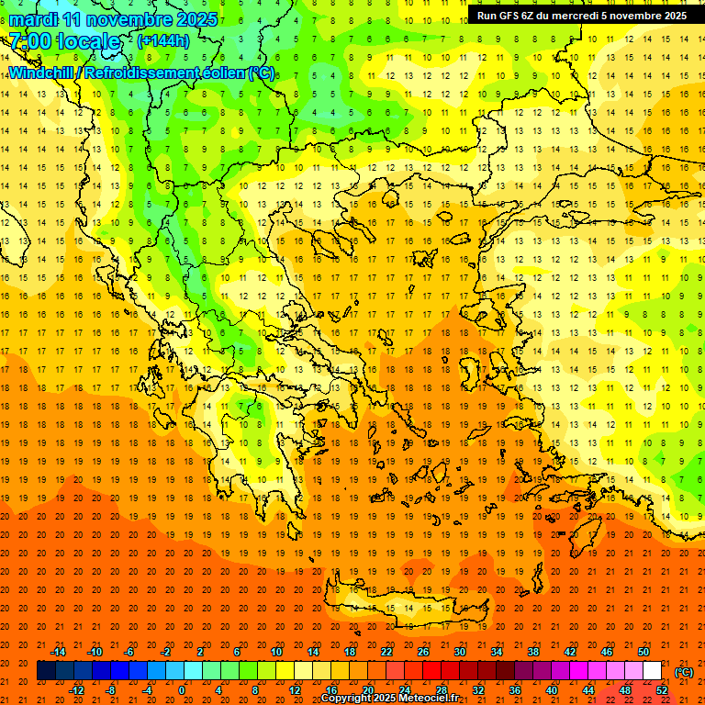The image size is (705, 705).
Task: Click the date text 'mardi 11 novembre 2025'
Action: pos(114,19)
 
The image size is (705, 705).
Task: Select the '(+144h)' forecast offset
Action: pos(163,40)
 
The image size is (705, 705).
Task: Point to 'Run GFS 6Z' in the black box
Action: pos(510,16)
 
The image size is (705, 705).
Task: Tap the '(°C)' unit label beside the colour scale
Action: pos(684,671)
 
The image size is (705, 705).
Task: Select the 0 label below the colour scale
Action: pos(182,690)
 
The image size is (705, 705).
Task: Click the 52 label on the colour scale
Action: pos(662,690)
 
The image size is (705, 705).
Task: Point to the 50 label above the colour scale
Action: pos(643,652)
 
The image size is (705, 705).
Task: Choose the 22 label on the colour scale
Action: pos(386,652)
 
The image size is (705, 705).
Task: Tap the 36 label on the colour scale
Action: pos(515,690)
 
